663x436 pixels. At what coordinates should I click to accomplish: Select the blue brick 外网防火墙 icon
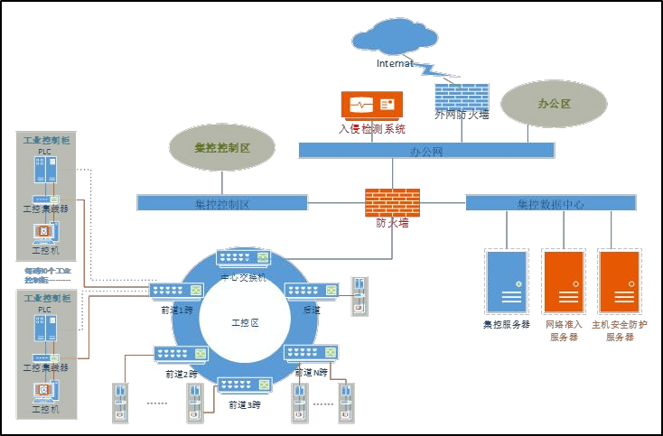coord(462,97)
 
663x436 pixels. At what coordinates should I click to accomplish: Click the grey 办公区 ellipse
coord(554,104)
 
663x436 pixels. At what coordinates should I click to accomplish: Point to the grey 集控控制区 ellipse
coord(221,146)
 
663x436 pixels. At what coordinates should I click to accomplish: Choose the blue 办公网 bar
coord(426,151)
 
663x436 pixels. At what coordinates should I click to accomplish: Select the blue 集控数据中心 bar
coord(550,203)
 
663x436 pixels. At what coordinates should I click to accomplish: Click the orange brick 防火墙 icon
coord(392,201)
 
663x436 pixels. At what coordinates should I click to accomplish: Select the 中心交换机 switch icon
coord(243,260)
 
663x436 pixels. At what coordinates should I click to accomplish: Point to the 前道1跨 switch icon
coord(175,290)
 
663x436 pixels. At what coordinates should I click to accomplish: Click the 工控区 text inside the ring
coord(245,322)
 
